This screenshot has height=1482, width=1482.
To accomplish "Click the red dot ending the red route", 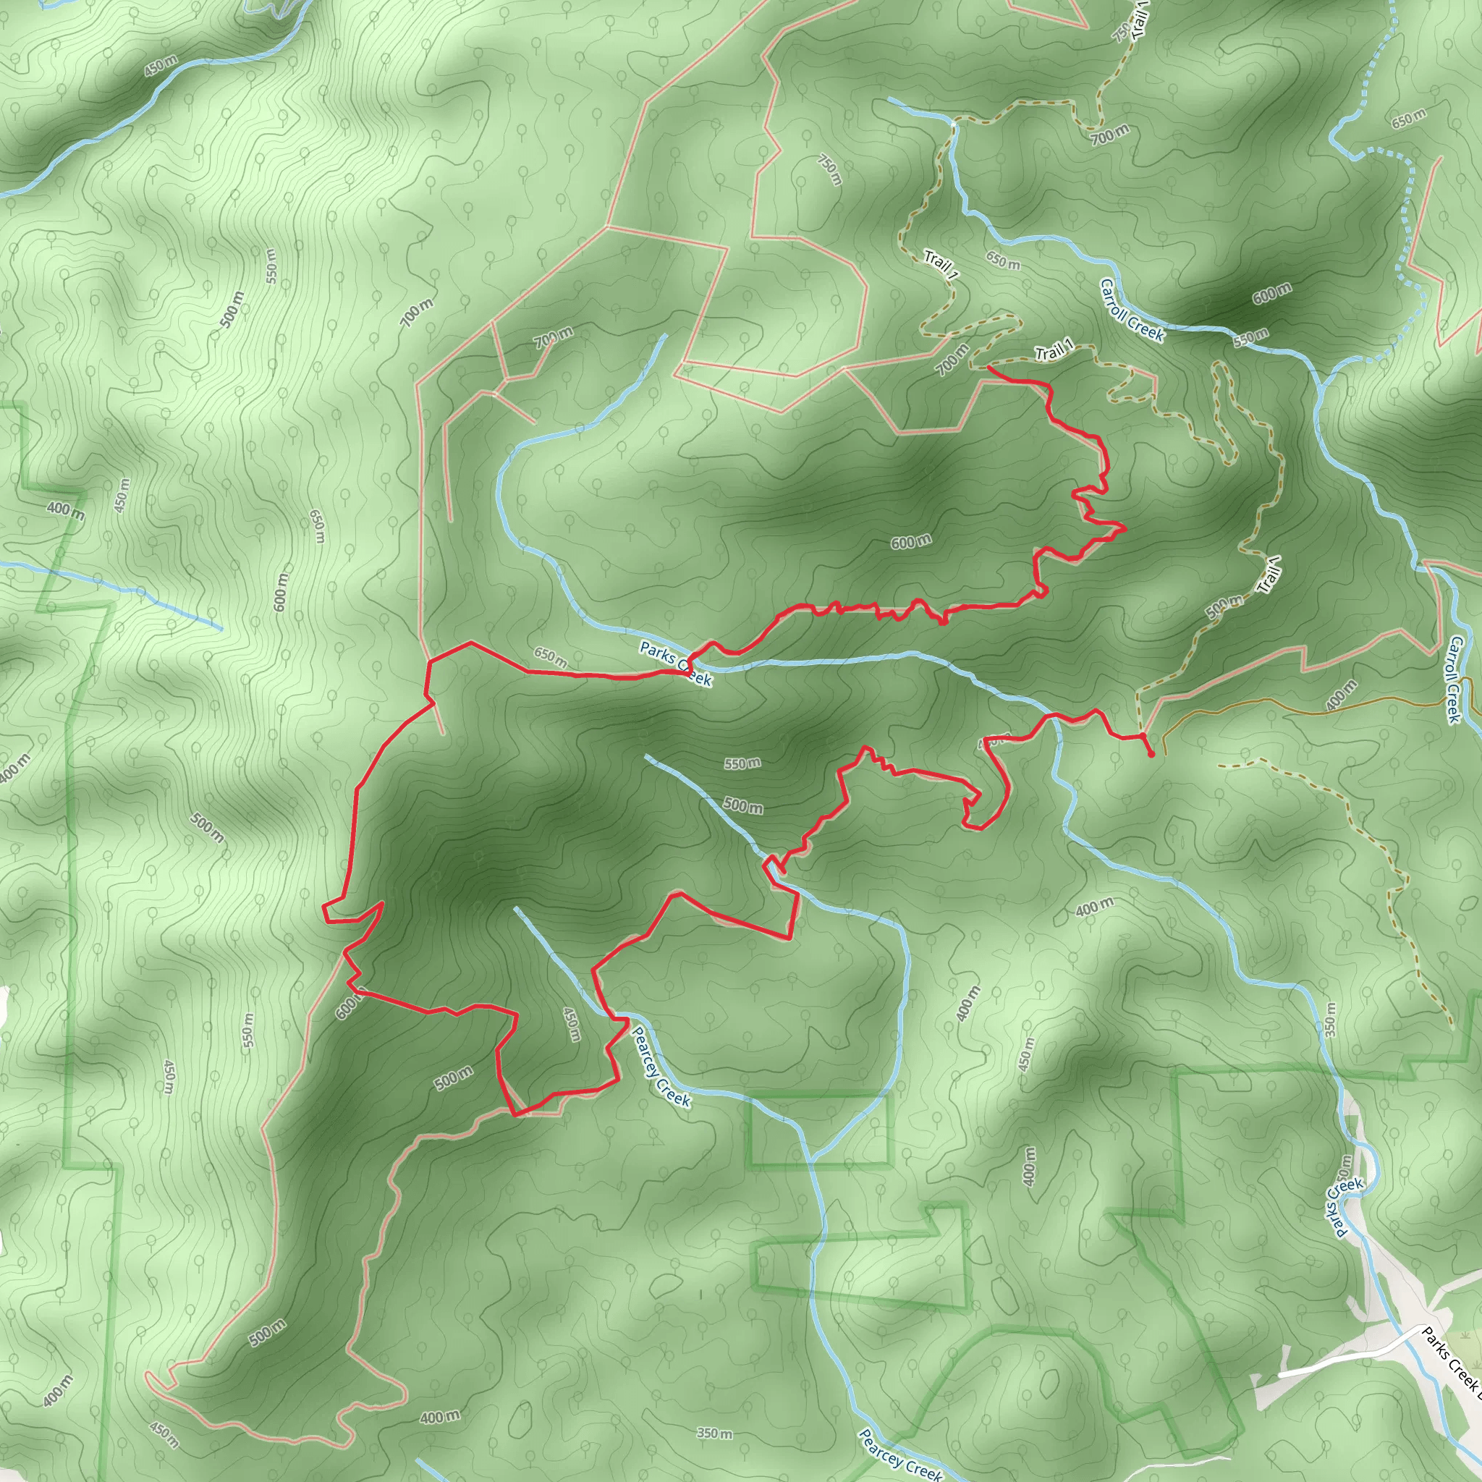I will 1151,755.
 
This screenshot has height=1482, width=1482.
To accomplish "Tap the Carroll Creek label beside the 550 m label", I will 1132,310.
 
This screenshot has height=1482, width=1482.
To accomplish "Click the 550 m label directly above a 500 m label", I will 742,763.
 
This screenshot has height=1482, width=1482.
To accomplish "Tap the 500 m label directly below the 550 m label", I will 742,805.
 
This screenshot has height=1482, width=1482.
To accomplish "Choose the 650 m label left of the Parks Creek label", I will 551,656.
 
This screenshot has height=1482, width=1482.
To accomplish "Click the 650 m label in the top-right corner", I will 1409,118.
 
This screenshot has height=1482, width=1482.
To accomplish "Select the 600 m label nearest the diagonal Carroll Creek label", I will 1272,293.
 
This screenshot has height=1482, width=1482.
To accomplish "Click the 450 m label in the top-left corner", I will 161,66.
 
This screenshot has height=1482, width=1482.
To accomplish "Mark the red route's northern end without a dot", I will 988,368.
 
